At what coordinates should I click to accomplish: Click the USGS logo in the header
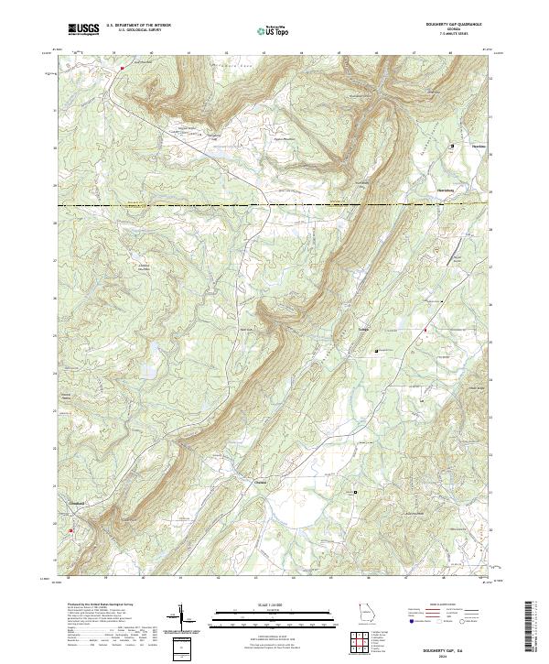click(x=83, y=29)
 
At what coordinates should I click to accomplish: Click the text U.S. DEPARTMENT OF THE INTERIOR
click(x=138, y=26)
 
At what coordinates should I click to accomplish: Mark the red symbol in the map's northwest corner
click(x=122, y=67)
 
